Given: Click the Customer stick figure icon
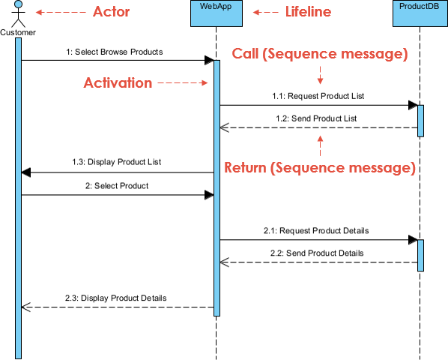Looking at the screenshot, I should point(17,13).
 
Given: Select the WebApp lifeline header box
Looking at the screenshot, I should point(216,13).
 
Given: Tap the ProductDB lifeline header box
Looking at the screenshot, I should point(419,13).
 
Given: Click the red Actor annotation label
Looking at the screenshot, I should point(111,12).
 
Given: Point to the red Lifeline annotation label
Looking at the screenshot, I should point(308,12).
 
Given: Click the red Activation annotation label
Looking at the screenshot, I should point(118,82).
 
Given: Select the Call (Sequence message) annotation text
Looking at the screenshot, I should point(320,54).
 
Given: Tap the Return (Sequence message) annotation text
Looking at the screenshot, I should point(320,167).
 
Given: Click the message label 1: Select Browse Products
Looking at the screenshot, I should point(114,52).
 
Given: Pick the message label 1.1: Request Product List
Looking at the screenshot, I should point(318,96).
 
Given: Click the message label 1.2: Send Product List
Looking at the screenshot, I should point(315,118).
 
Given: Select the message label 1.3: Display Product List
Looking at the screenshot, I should point(116,161).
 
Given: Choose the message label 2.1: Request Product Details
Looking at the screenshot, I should point(315,230).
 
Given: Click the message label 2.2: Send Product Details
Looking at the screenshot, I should point(317,253).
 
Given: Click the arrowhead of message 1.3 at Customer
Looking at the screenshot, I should point(26,172).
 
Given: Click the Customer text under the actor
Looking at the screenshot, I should point(18,32).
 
